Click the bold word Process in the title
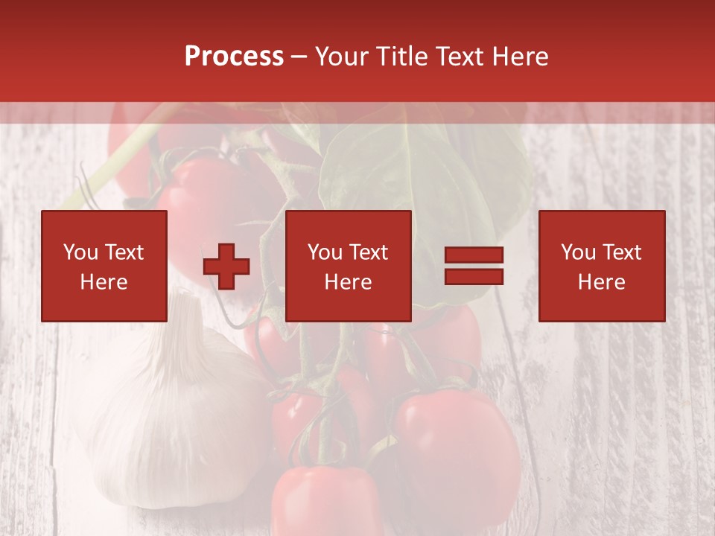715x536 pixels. [234, 57]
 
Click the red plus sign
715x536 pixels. [226, 267]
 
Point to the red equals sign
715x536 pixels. [474, 266]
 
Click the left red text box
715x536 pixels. [104, 266]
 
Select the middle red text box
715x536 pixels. [348, 266]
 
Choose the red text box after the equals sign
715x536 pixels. [601, 266]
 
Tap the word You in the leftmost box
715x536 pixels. [80, 252]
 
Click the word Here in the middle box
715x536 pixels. [348, 282]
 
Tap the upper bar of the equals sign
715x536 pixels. [474, 255]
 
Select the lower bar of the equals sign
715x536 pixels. [474, 276]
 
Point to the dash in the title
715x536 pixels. [299, 58]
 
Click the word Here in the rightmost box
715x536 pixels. [601, 282]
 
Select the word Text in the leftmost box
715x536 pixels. [124, 252]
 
